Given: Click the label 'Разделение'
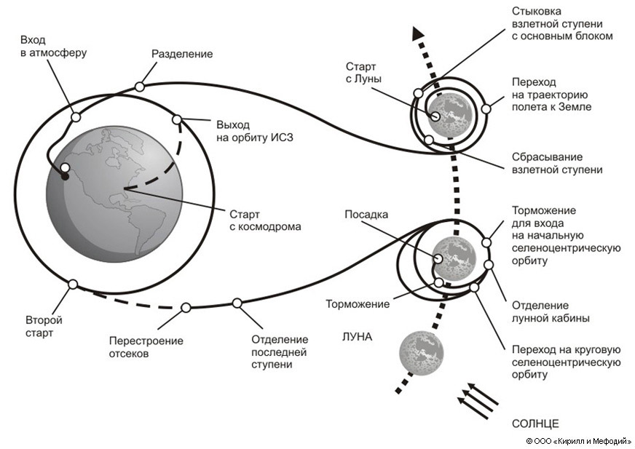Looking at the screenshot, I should [182, 54].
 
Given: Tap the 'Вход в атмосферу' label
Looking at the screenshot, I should [44, 46].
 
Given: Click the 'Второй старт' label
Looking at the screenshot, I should [44, 326].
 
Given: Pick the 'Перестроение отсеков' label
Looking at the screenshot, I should [146, 347].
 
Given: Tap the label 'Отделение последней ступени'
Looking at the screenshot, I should [280, 351].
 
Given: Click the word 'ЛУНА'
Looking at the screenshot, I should [358, 336].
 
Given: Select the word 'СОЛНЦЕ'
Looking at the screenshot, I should [535, 423].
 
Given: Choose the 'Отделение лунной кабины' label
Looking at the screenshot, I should [551, 311].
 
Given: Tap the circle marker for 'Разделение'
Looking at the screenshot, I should [139, 87].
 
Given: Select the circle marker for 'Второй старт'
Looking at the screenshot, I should [73, 285].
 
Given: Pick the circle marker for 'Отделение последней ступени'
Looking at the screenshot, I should [237, 303].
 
